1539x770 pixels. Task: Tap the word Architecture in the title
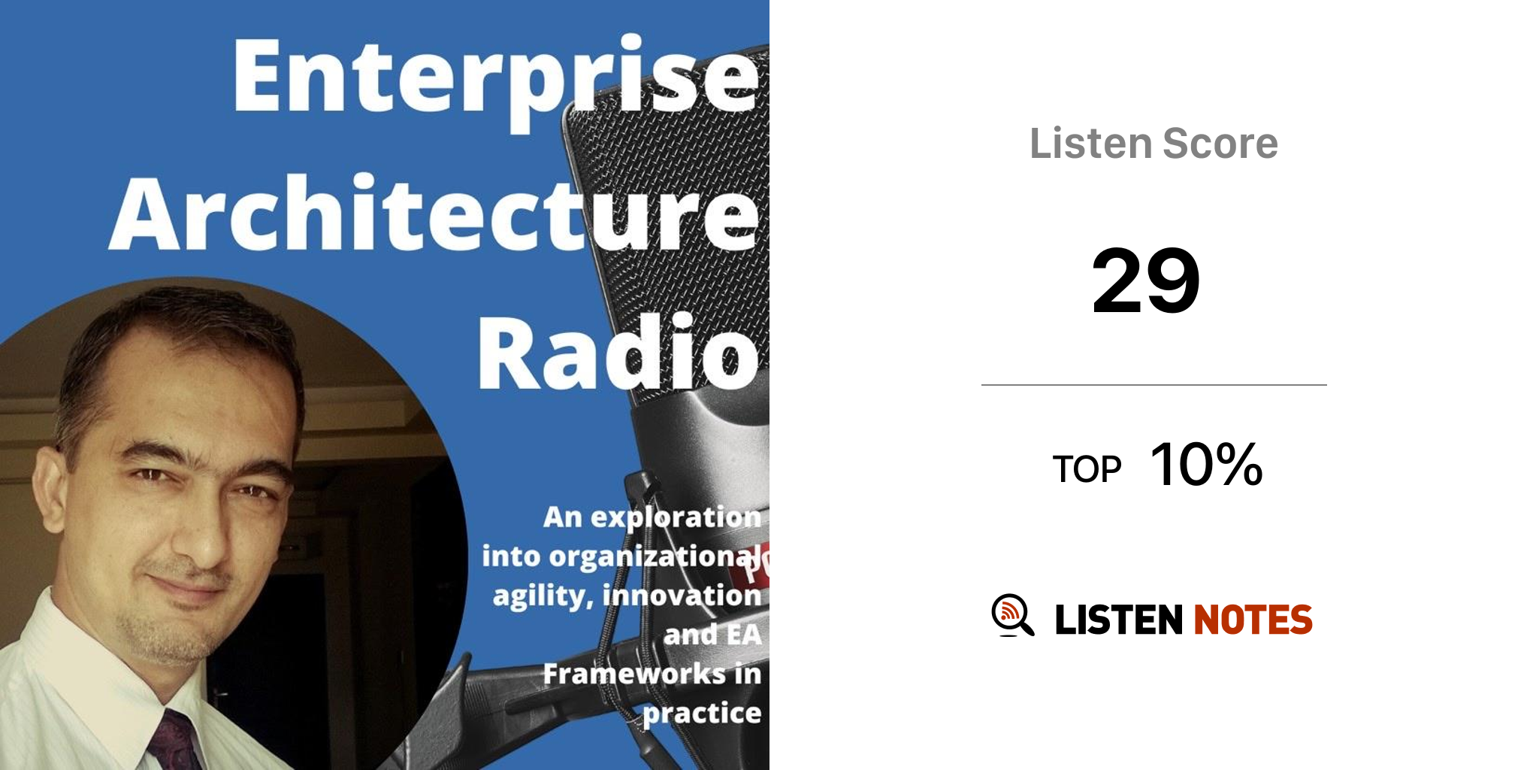tap(434, 214)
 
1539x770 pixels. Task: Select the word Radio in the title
tap(618, 352)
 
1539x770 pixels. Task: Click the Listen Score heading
tap(1153, 143)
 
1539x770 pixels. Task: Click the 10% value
tap(1206, 464)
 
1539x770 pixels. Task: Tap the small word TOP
tap(1087, 469)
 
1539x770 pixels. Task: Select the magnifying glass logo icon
tap(1012, 615)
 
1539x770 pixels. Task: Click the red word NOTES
tap(1253, 620)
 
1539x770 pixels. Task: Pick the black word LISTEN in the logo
tap(1119, 620)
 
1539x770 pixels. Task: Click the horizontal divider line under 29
tap(1153, 385)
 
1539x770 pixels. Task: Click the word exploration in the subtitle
tap(676, 518)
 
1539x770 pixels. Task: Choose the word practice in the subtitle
tap(702, 713)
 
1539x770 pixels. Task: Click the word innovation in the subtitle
tap(682, 595)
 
